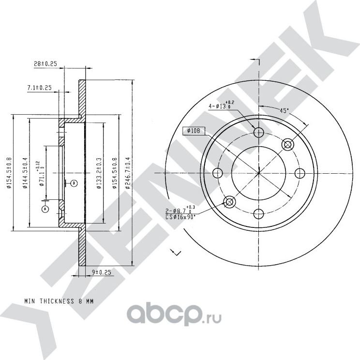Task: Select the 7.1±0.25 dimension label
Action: coord(38,88)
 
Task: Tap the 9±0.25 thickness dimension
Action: coord(101,273)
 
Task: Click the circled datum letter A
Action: coord(45,209)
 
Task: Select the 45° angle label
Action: coord(285,111)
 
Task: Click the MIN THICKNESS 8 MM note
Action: coord(59,301)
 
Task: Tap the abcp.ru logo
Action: coord(174,317)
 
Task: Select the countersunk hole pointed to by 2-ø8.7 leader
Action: coord(229,202)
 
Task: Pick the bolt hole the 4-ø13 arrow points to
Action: coord(258,132)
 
